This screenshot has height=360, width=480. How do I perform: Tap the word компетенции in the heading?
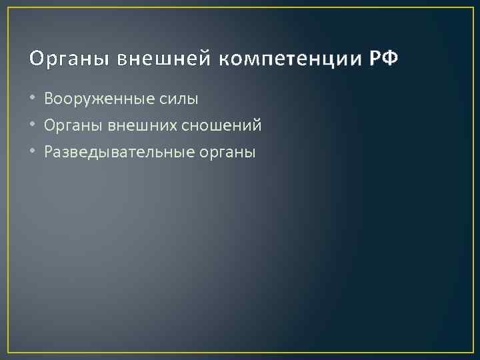(288, 60)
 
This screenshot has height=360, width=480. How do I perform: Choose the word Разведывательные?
(119, 152)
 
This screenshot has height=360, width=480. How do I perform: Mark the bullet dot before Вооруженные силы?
(33, 99)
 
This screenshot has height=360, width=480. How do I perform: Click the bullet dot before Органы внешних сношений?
(33, 125)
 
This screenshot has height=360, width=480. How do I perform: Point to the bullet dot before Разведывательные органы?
(33, 152)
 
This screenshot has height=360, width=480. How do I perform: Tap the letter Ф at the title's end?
(391, 59)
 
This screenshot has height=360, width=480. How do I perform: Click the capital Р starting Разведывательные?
(49, 151)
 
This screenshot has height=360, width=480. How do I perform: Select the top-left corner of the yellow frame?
(8, 8)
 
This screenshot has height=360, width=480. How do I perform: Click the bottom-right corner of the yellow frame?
(472, 352)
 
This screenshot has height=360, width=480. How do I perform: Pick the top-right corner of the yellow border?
(472, 8)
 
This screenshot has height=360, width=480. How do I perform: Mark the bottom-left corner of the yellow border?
(8, 352)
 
